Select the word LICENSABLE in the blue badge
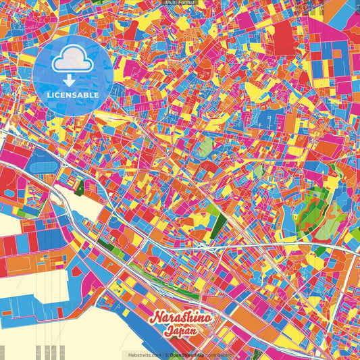(x=73, y=95)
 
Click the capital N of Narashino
(x=155, y=318)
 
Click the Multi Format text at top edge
(x=180, y=3)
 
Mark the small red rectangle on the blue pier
(x=59, y=312)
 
